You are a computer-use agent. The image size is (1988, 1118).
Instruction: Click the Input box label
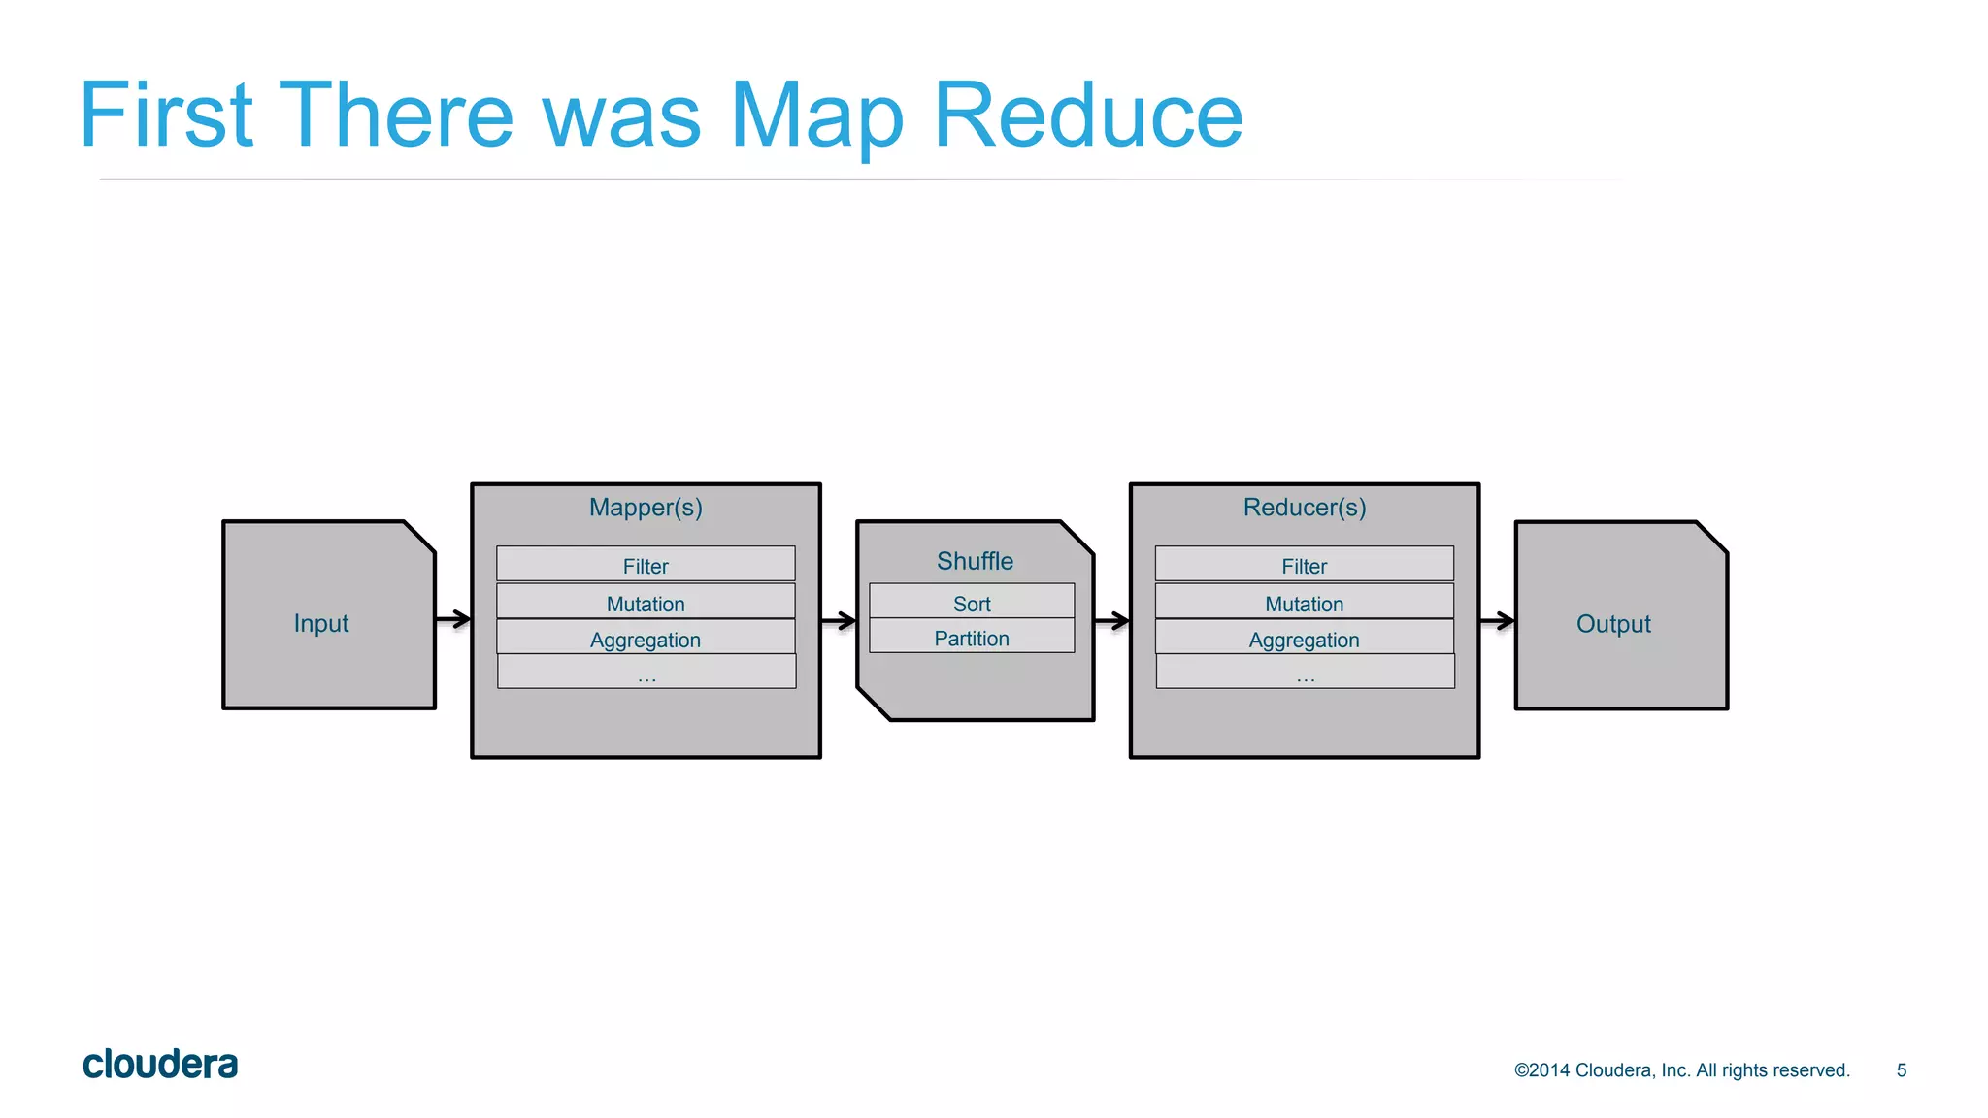321,623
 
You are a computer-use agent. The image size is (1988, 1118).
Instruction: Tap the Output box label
1613,624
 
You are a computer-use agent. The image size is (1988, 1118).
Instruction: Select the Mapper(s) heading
646,508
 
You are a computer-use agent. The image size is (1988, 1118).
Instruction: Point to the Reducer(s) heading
1305,508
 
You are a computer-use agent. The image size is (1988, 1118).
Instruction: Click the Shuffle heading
975,561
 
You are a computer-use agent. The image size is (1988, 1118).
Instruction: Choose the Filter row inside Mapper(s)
646,565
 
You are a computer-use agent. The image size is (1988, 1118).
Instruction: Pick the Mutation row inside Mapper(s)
646,603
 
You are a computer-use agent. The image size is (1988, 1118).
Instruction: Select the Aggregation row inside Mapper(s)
646,639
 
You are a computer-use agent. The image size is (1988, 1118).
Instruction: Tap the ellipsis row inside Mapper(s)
646,673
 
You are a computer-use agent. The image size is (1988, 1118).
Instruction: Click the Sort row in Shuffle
972,603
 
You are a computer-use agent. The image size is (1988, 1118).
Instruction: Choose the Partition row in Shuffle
972,638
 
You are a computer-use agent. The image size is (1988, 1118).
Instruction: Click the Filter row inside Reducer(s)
1305,565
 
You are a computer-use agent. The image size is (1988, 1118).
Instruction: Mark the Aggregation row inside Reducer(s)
1305,639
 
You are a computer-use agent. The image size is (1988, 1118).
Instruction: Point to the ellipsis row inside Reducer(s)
1306,673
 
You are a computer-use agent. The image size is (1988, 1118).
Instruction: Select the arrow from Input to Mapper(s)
453,619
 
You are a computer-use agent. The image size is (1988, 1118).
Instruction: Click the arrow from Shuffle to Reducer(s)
1112,620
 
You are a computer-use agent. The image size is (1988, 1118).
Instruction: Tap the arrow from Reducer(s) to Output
1497,620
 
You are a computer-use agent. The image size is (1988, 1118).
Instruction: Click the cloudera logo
160,1065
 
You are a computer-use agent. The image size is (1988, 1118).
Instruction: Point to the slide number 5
1902,1070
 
